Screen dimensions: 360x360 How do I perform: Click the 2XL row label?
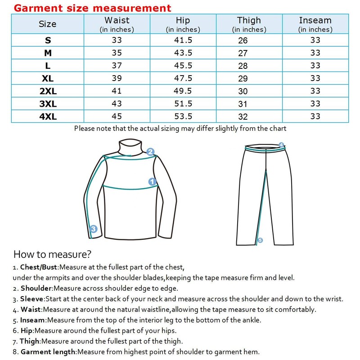pyautogui.click(x=48, y=91)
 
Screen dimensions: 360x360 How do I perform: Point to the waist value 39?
pyautogui.click(x=117, y=78)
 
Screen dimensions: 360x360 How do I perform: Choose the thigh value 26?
pyautogui.click(x=243, y=40)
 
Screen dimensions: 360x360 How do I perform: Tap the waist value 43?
pyautogui.click(x=117, y=103)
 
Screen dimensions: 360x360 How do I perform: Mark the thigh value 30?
pyautogui.click(x=243, y=91)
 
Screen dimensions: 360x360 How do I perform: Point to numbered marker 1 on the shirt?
pyautogui.click(x=152, y=182)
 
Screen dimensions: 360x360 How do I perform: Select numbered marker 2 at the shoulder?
pyautogui.click(x=150, y=152)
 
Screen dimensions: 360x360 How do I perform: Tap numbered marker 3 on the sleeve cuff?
pyautogui.click(x=93, y=229)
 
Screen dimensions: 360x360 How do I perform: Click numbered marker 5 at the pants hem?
pyautogui.click(x=260, y=240)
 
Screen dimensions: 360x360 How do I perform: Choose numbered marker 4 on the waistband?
pyautogui.click(x=282, y=145)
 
